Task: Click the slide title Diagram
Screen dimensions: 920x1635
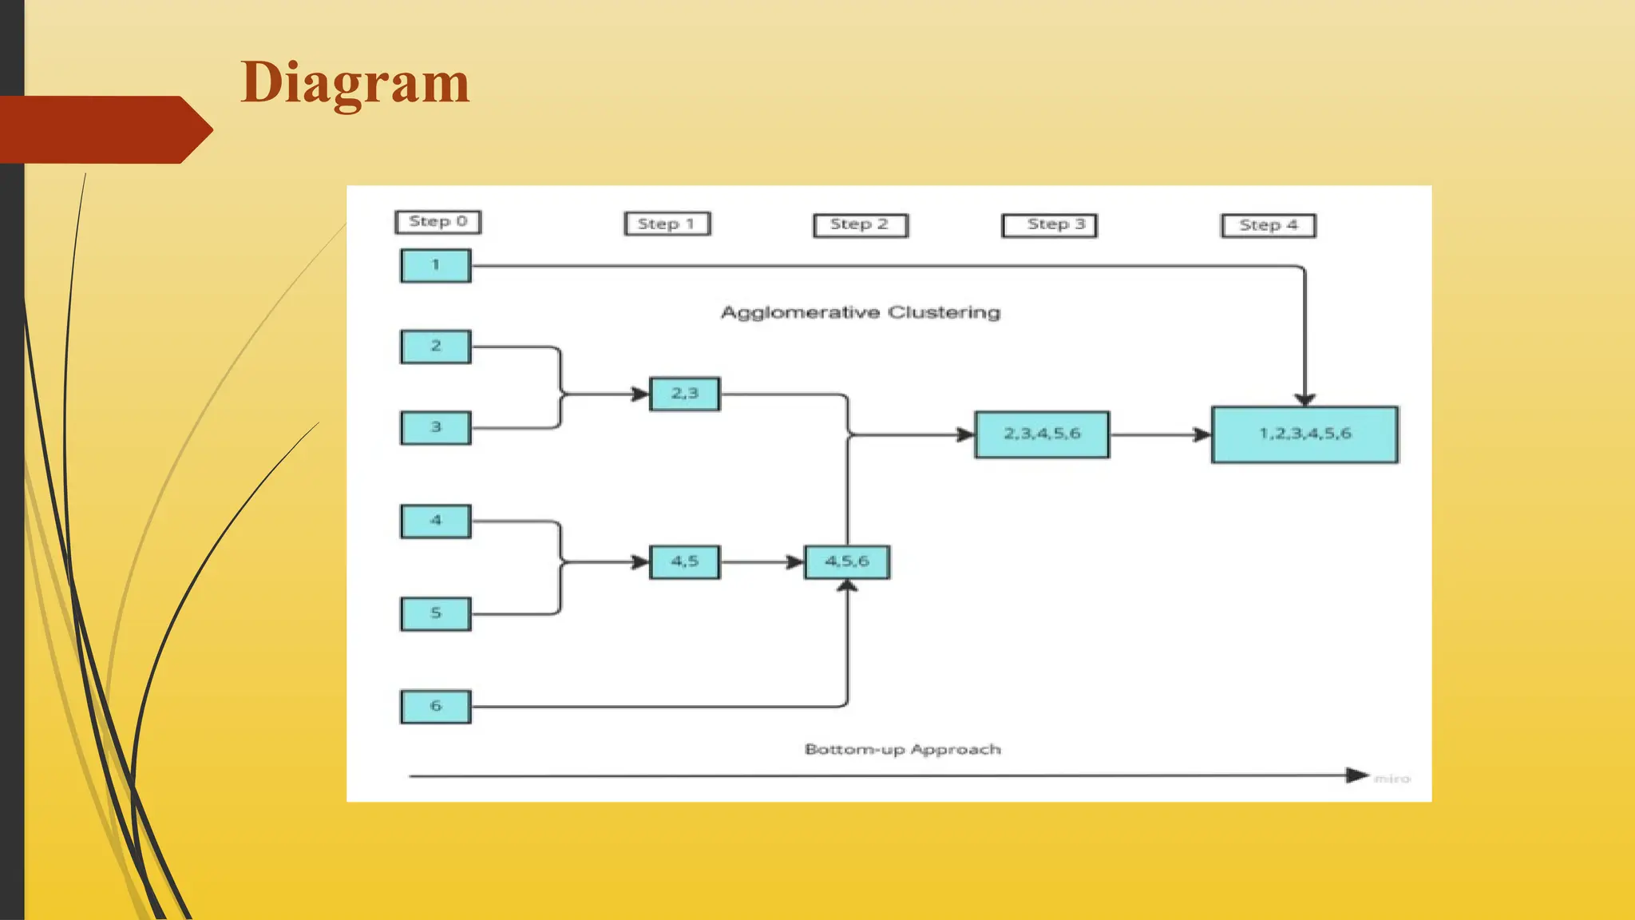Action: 354,83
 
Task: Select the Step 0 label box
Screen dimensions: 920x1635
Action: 437,222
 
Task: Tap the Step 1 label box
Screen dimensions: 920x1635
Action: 667,224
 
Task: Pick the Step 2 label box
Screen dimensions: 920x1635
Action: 860,225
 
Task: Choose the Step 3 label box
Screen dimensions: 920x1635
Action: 1049,225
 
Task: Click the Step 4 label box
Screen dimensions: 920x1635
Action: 1268,226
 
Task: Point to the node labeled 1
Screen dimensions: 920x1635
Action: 435,266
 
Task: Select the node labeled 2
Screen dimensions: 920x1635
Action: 435,347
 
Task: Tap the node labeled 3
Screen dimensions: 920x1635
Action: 435,427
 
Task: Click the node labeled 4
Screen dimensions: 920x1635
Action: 435,521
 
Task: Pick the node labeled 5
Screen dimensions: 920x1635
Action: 435,613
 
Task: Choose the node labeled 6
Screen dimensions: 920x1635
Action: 435,707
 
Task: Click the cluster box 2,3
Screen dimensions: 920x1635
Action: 684,394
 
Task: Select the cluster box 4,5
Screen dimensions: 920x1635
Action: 684,562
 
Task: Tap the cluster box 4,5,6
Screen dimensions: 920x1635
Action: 846,562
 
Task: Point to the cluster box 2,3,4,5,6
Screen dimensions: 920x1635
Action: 1042,434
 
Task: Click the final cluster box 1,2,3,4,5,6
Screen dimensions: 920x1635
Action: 1304,434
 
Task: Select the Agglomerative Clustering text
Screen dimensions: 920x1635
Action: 860,312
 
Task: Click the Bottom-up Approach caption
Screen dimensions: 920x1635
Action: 902,750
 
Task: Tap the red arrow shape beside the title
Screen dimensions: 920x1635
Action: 104,129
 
